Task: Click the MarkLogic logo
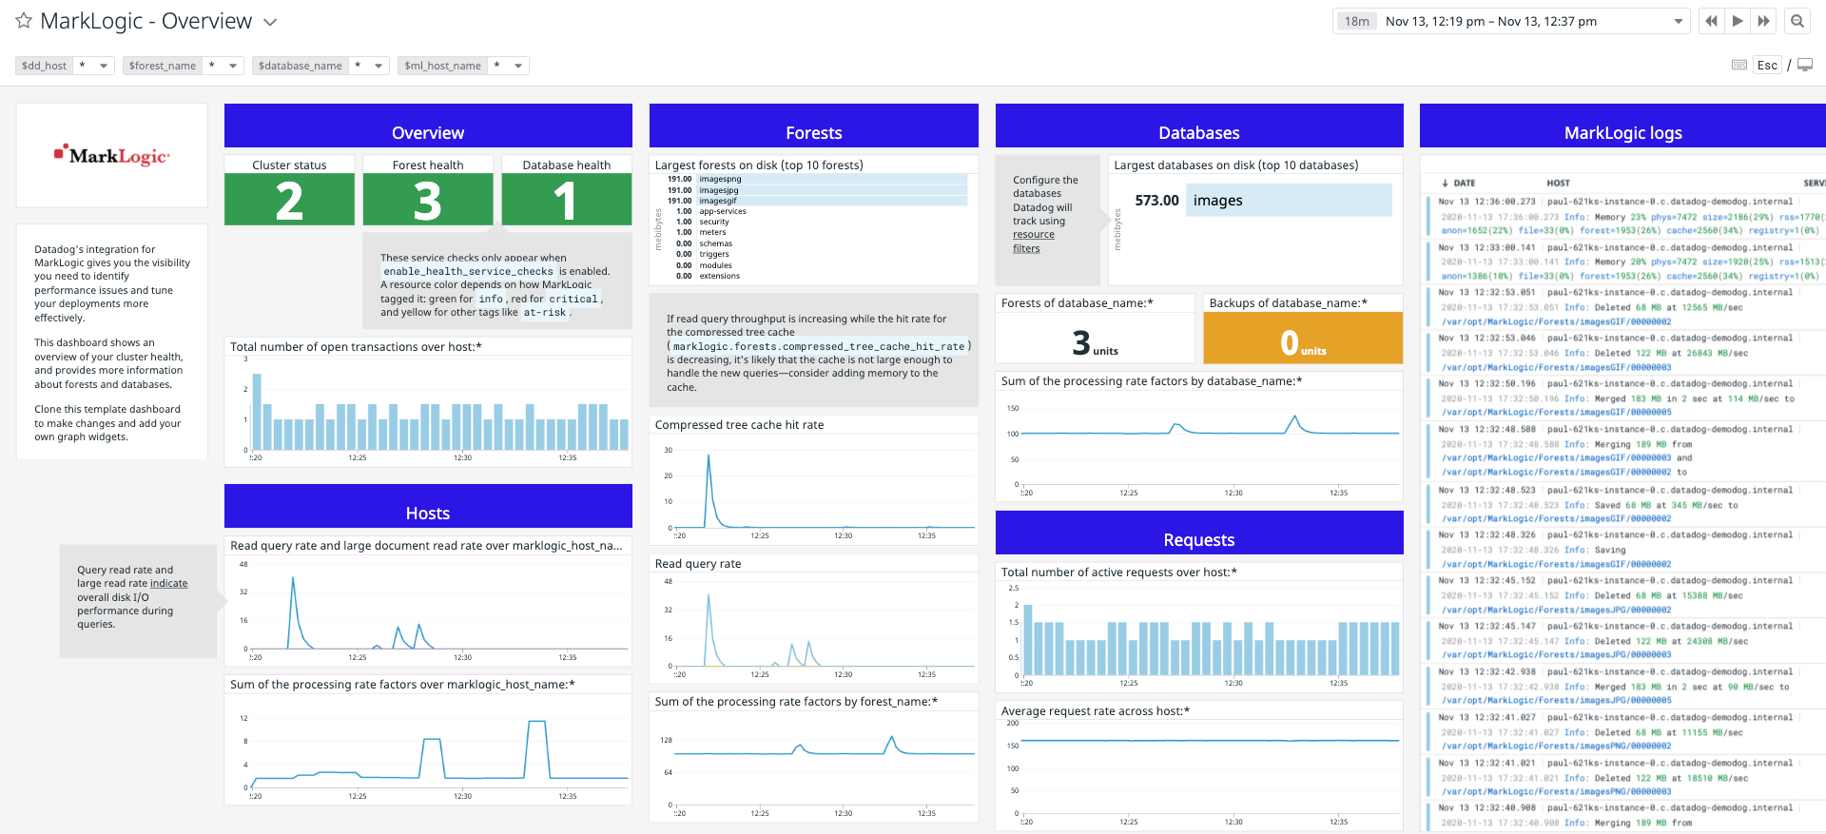(112, 155)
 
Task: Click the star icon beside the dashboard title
(24, 21)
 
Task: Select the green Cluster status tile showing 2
(289, 201)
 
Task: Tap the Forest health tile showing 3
(428, 201)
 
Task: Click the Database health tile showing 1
(566, 201)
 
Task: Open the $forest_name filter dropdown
(232, 66)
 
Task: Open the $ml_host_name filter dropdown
(517, 66)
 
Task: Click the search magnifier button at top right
(1797, 21)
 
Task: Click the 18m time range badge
(1356, 21)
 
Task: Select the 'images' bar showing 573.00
(1288, 201)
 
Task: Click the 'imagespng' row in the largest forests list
(720, 179)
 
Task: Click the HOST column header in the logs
(1558, 183)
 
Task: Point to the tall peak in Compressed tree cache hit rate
(708, 456)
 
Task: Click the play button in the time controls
(1738, 21)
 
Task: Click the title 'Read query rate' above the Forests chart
(698, 564)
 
